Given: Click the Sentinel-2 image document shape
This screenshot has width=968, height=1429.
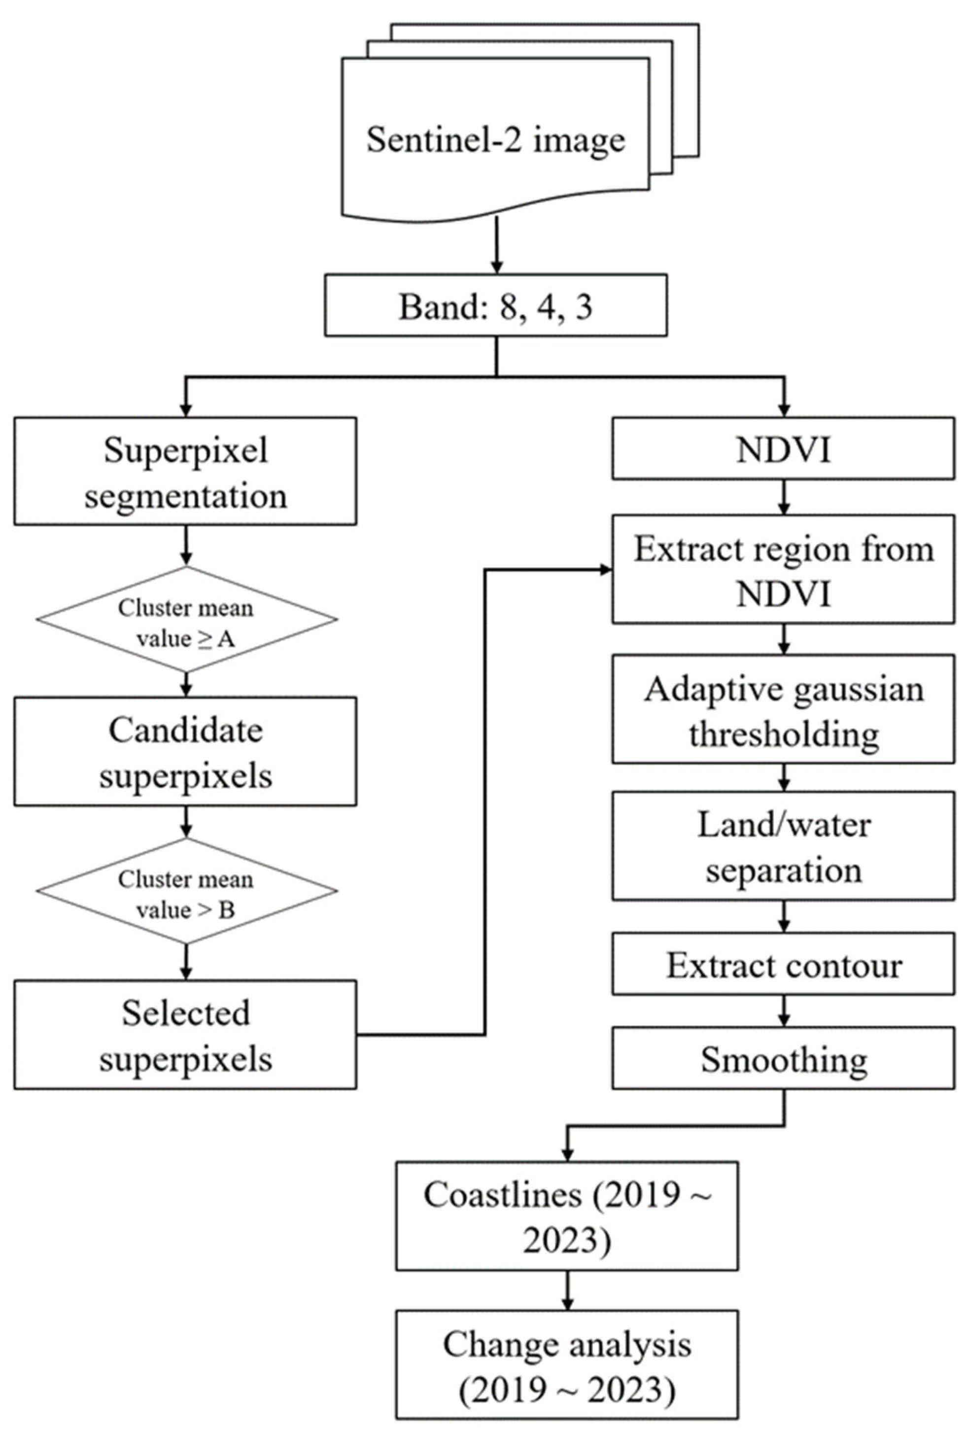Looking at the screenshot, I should click(x=495, y=140).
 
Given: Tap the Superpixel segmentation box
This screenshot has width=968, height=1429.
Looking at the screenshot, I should click(x=185, y=471).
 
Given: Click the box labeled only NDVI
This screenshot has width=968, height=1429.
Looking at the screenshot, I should click(x=782, y=449).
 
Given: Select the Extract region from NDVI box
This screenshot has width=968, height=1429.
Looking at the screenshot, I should click(x=782, y=569).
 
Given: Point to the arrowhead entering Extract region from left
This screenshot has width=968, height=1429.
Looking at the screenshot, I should click(x=605, y=570).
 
